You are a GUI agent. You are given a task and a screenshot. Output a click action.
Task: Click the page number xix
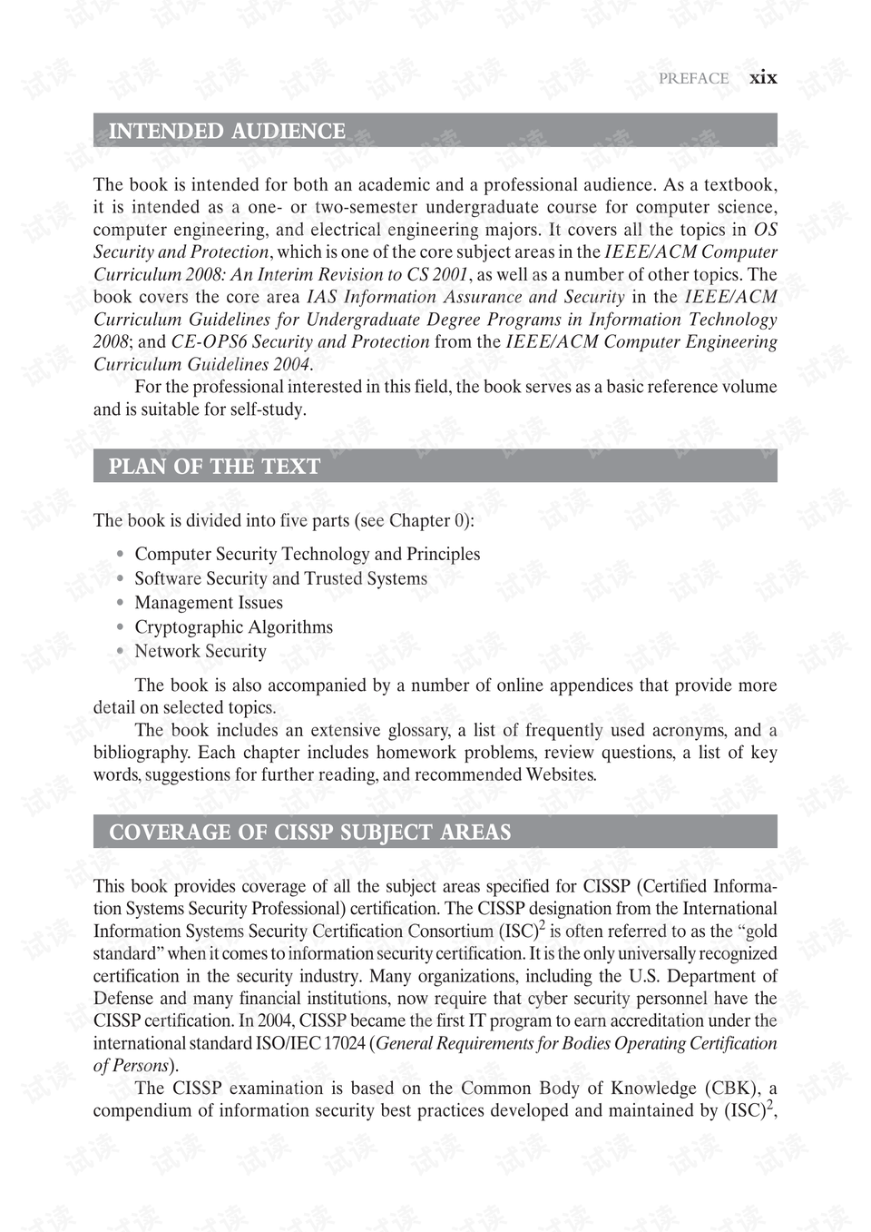tap(763, 78)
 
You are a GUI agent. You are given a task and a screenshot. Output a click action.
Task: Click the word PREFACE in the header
tap(693, 79)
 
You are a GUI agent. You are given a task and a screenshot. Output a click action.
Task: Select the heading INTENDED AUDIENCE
tap(227, 132)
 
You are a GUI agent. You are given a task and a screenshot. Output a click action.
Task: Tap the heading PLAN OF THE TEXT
tap(214, 467)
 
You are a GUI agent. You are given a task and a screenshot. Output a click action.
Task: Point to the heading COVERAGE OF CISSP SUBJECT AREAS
tap(309, 833)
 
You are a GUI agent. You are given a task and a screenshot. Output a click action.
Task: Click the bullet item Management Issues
tap(209, 603)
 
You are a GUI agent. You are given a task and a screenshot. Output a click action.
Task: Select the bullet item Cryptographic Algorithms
tap(233, 627)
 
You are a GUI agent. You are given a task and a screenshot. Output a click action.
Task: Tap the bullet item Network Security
tap(201, 651)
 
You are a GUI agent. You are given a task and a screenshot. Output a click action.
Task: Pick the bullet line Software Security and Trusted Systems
tap(280, 578)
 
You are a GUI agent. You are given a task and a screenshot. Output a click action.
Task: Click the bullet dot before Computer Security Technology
tap(120, 554)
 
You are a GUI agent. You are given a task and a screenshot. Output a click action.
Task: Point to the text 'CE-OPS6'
tap(209, 341)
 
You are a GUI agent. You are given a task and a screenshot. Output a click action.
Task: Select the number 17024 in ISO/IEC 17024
tap(344, 1043)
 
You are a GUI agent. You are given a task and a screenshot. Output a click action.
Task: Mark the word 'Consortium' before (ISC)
tap(450, 931)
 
